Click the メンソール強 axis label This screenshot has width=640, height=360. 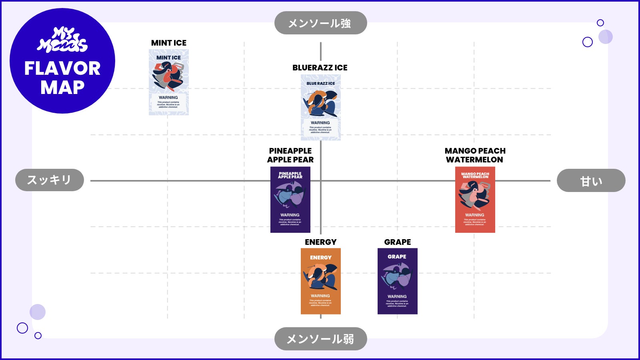(x=320, y=23)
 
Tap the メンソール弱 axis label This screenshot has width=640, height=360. (x=320, y=339)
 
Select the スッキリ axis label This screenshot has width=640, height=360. (x=50, y=180)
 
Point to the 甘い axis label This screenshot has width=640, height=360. (x=591, y=180)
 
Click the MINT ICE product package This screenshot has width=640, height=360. (x=168, y=82)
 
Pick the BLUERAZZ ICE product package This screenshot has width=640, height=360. (x=320, y=107)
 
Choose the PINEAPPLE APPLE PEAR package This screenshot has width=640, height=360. (x=290, y=200)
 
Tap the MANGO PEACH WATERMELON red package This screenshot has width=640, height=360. (x=475, y=200)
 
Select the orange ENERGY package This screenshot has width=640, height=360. (x=320, y=281)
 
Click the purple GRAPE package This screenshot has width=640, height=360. (x=397, y=281)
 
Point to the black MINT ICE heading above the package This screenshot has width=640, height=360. (x=168, y=43)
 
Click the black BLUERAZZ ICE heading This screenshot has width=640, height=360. (x=320, y=68)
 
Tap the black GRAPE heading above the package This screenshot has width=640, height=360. (x=397, y=242)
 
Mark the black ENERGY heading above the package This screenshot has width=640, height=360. (x=320, y=242)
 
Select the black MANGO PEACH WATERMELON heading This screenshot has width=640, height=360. (x=475, y=155)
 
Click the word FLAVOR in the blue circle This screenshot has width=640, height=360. (x=62, y=68)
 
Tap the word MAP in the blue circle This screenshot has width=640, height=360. (x=62, y=88)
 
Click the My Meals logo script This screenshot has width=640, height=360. (x=62, y=40)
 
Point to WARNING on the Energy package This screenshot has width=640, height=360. (x=320, y=296)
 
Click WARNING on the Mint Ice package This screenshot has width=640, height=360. (x=168, y=98)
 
